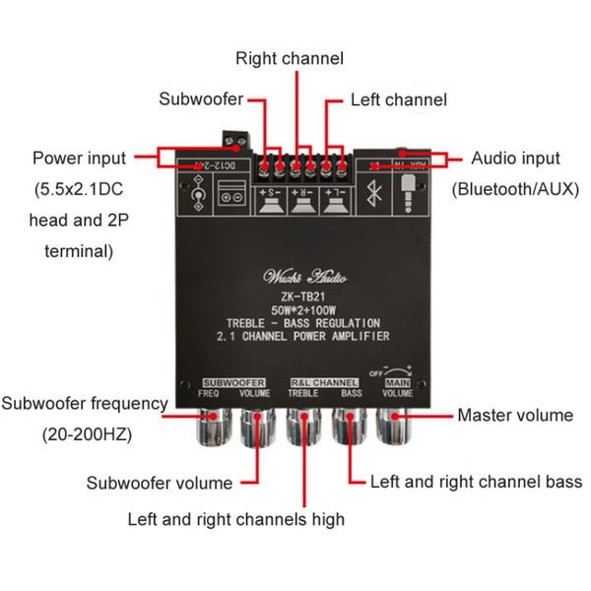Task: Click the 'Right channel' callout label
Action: pos(289,58)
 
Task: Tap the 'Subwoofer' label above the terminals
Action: pos(201,98)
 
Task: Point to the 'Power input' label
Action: pos(79,158)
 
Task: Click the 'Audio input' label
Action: pos(515,158)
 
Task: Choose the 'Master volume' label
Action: pos(514,415)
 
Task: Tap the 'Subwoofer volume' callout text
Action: pos(160,483)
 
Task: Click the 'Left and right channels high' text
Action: pos(235,519)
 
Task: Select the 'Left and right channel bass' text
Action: pos(476,482)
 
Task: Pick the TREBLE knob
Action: pos(302,427)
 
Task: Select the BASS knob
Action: pos(351,427)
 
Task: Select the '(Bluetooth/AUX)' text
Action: pos(515,189)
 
